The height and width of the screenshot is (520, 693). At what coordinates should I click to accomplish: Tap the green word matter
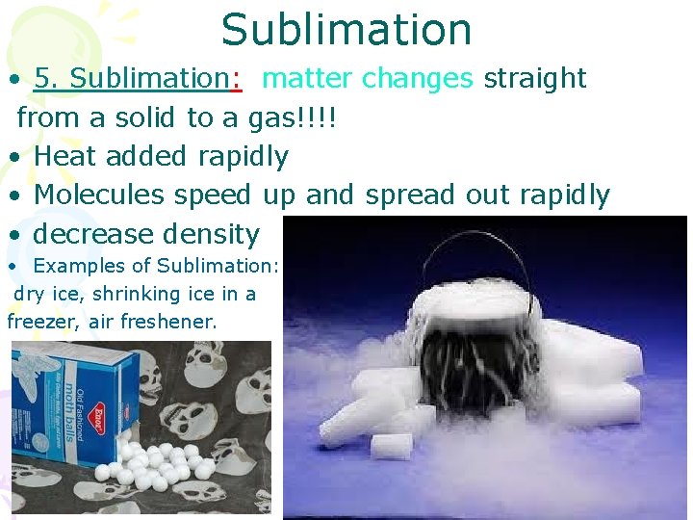304,78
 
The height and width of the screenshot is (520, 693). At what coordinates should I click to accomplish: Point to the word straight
535,78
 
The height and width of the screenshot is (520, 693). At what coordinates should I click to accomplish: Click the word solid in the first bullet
141,117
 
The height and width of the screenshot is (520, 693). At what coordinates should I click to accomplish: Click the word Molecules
99,195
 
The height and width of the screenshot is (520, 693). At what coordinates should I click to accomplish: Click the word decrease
93,234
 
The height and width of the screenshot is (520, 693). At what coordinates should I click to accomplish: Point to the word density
213,235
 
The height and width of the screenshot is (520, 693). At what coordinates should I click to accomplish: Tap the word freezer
40,322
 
